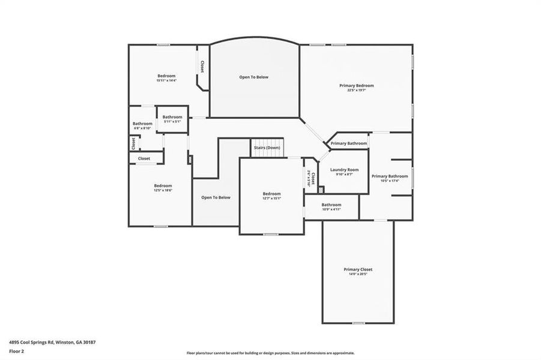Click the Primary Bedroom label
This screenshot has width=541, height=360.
click(x=356, y=86)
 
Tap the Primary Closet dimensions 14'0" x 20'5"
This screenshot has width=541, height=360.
click(x=358, y=274)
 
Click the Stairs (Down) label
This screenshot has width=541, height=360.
click(x=266, y=148)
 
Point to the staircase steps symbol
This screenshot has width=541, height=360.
click(x=267, y=154)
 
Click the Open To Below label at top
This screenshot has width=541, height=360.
click(x=254, y=77)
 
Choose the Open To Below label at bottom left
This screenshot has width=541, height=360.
click(x=216, y=197)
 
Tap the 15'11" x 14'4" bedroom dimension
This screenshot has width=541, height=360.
click(x=166, y=80)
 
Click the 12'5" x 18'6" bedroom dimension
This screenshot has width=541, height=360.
click(x=163, y=190)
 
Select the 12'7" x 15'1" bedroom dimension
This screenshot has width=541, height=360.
click(x=271, y=199)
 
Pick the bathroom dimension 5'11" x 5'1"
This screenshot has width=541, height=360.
click(x=172, y=122)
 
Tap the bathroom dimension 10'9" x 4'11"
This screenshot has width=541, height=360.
click(x=331, y=209)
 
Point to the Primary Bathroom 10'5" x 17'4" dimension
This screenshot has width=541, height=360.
click(x=390, y=181)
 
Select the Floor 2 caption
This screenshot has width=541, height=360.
click(x=16, y=352)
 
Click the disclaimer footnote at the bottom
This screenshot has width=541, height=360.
click(x=270, y=353)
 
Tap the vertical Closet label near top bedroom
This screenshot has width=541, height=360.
click(x=202, y=67)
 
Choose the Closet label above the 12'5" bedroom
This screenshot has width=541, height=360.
click(x=144, y=158)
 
